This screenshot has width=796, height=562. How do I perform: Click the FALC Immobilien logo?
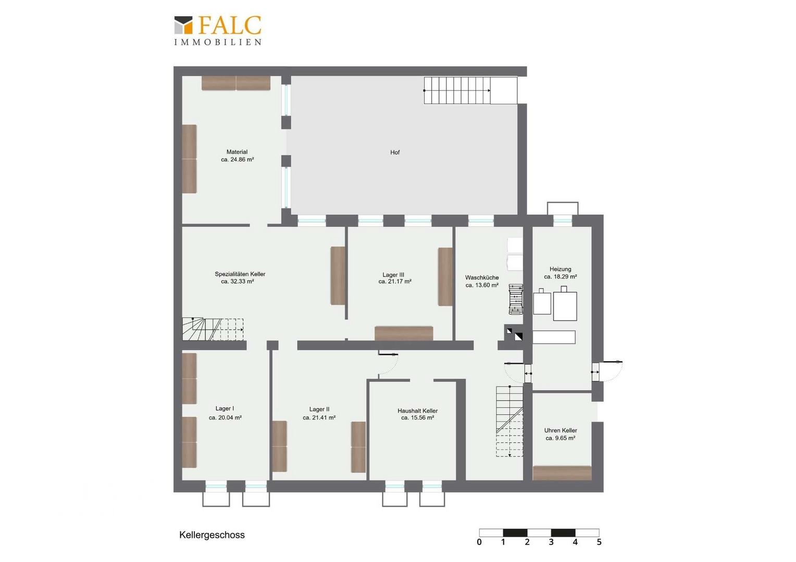[218, 31]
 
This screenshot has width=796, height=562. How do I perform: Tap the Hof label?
[395, 152]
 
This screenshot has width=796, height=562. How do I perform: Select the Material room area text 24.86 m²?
[238, 160]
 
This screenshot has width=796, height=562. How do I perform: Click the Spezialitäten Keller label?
[240, 274]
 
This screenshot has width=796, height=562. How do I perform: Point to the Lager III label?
[393, 275]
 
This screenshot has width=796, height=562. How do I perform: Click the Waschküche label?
[482, 278]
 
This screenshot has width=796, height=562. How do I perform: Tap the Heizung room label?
[561, 269]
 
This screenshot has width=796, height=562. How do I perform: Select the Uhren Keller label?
[561, 431]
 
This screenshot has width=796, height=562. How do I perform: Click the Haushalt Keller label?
[418, 411]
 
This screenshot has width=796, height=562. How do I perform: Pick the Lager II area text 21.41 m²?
[319, 418]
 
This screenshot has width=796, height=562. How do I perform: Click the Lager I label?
[225, 408]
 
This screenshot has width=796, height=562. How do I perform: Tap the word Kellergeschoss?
[212, 535]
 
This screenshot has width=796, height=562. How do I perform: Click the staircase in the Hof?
[470, 91]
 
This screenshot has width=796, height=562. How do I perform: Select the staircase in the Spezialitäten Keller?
[213, 329]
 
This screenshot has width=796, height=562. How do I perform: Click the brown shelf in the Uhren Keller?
[562, 473]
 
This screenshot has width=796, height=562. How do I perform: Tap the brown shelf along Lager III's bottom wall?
[404, 334]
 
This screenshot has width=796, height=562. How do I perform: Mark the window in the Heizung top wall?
[563, 221]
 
